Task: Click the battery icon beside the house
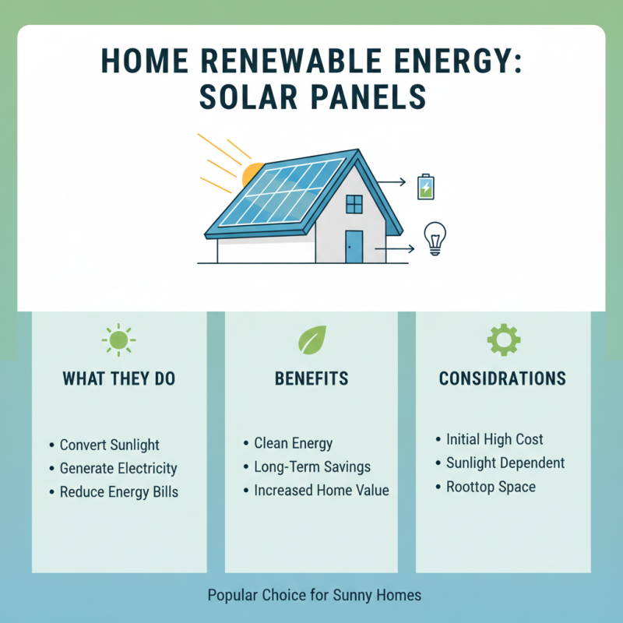pos(425,187)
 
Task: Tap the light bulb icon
pos(434,238)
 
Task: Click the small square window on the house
pos(354,204)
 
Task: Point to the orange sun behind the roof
pos(251,174)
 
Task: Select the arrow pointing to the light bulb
pos(396,250)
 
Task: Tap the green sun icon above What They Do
pos(118,340)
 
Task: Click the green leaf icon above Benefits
pos(311,340)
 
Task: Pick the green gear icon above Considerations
pos(503,340)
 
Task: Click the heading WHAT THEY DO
pos(119,379)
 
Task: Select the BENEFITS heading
pos(311,379)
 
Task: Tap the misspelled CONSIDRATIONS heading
pos(502,379)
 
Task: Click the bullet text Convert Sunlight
pos(109,445)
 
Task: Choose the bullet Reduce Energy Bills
pos(118,492)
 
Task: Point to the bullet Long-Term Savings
pos(312,467)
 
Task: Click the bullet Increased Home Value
pos(321,491)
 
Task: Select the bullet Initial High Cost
pos(495,439)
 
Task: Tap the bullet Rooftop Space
pos(491,487)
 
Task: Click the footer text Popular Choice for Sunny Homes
pos(314,596)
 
